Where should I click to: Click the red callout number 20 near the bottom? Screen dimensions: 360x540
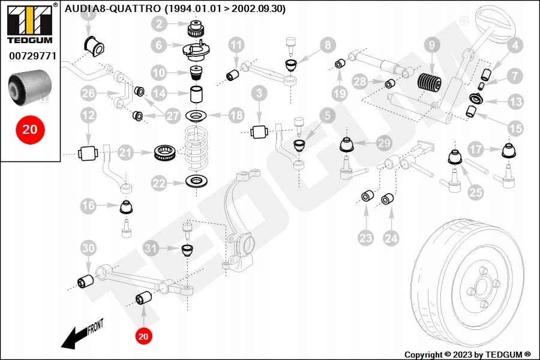tap(143, 337)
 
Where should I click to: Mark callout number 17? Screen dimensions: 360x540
tap(476, 148)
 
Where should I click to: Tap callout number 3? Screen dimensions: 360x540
tap(259, 94)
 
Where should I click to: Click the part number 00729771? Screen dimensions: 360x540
tap(32, 56)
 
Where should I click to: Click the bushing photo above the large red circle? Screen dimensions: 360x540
tap(31, 85)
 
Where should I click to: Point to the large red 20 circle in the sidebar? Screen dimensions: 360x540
tap(30, 129)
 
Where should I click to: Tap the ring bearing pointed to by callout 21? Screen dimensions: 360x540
tap(164, 153)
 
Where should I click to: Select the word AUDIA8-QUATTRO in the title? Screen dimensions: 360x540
tap(113, 8)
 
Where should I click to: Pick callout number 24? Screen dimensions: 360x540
tap(391, 238)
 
